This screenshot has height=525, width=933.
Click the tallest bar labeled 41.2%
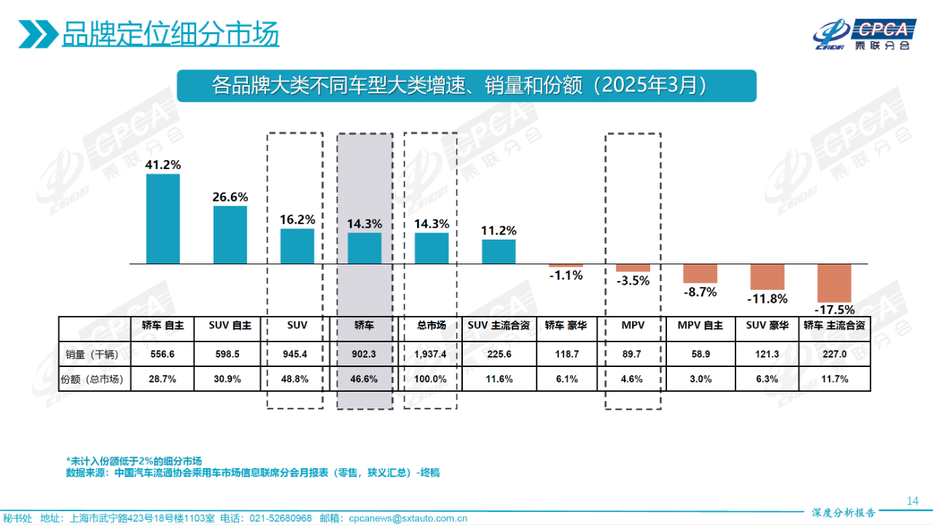coord(163,218)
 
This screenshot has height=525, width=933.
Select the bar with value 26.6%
coord(230,234)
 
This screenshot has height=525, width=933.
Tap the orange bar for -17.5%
coord(835,283)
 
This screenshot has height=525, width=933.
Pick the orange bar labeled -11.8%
coord(768,277)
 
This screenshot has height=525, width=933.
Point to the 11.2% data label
coord(499,230)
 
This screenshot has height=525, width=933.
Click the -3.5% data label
coord(633,280)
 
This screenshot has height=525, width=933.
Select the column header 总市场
coord(432,326)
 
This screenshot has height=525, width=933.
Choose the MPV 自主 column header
coord(700,326)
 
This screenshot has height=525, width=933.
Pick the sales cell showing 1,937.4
coord(432,355)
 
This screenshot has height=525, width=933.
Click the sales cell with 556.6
coord(163,355)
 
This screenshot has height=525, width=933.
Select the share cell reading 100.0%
coord(432,379)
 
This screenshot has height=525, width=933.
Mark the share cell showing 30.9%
coord(230,379)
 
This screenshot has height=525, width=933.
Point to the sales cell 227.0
coord(835,355)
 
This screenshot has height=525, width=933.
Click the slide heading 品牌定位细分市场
coord(170,34)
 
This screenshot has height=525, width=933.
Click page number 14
coord(912,500)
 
